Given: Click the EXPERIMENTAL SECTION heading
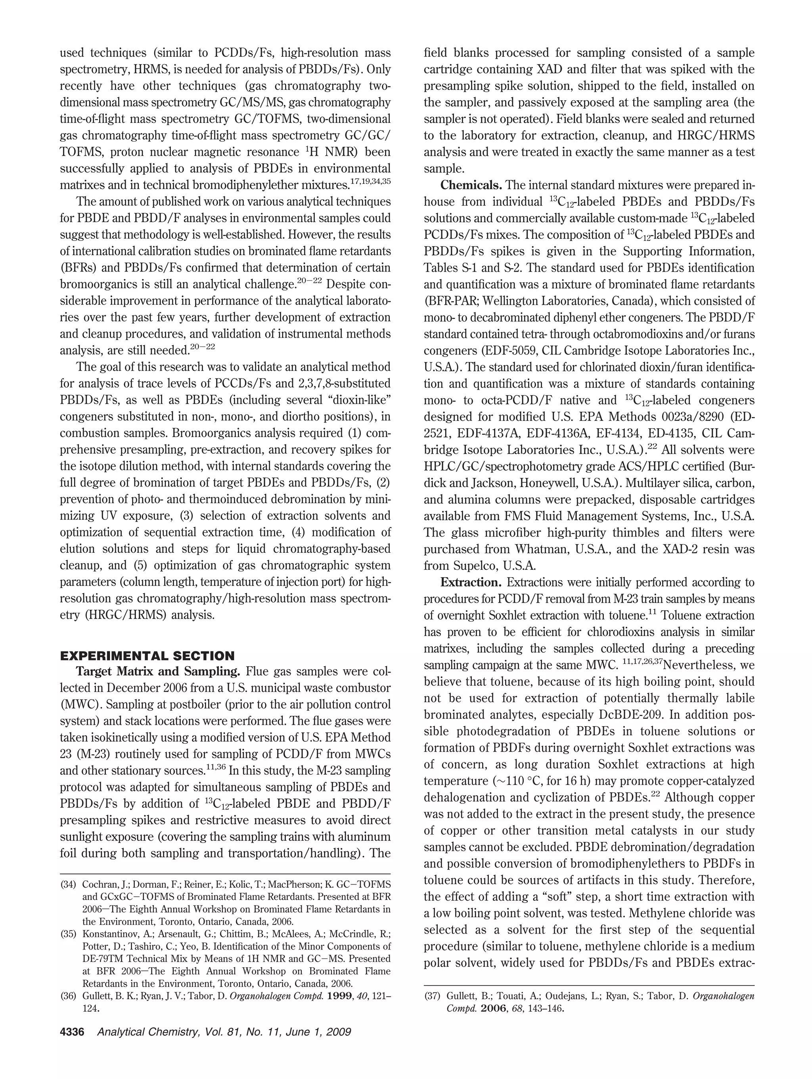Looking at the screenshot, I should point(147,655).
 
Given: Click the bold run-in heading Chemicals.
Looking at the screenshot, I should point(471,185).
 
